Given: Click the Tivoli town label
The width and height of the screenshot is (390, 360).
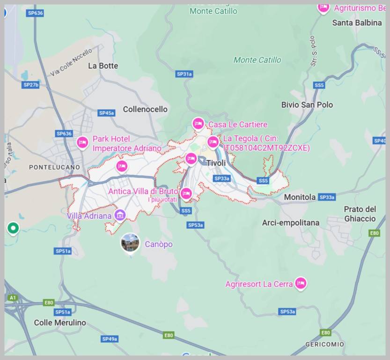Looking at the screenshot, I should [216, 163].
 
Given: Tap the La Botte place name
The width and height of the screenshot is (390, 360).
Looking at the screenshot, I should [103, 66].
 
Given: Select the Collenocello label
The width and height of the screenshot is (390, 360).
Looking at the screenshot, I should [145, 109].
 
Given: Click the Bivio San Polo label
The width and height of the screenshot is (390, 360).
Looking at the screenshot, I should [307, 105].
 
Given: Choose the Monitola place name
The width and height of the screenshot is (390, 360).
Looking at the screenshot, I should [300, 197].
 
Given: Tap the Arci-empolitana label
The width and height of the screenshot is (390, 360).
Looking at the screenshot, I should [291, 223].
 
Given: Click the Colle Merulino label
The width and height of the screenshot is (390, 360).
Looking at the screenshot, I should [60, 322].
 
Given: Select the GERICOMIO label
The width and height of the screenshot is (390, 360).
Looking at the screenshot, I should [324, 345].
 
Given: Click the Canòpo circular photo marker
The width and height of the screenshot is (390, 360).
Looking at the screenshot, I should [130, 243].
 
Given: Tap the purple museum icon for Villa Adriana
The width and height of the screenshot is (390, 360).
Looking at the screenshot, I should [120, 215].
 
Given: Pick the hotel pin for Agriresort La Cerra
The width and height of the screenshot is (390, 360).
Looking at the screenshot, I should [301, 283].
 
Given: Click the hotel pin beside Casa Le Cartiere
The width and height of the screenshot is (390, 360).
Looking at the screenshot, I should [199, 123].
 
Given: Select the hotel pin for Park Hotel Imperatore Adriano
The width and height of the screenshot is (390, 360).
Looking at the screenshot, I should [83, 142].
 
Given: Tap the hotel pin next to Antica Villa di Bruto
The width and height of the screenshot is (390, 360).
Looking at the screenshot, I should [186, 193].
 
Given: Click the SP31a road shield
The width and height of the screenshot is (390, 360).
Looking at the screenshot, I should [184, 74].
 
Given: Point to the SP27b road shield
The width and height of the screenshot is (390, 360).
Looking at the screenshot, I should [31, 85].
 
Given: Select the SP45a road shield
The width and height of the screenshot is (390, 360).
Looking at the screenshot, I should [107, 113].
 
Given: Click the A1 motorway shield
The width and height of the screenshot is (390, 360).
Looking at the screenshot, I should [13, 298].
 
